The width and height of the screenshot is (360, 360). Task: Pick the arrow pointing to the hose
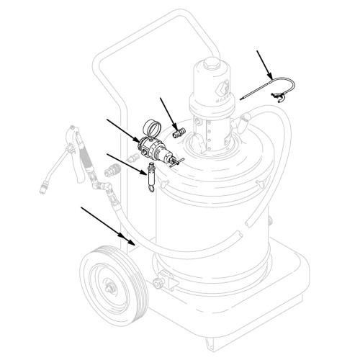click(107, 223)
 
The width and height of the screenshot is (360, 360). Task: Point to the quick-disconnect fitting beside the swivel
click(113, 172)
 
